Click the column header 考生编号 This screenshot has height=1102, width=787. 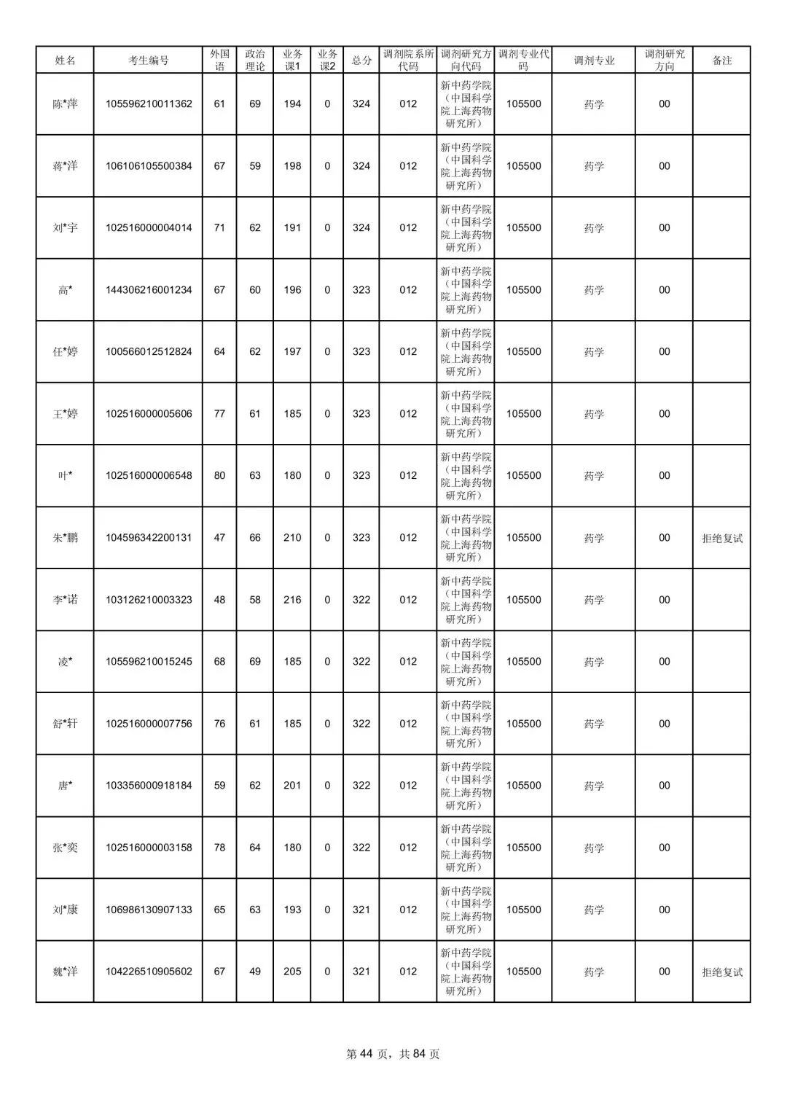[x=148, y=60]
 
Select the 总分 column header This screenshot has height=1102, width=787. [x=361, y=60]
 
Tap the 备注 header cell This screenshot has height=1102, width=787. [x=721, y=60]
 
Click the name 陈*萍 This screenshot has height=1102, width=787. [x=65, y=104]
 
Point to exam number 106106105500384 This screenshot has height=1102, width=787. [x=149, y=166]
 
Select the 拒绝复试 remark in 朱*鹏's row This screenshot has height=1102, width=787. [x=721, y=538]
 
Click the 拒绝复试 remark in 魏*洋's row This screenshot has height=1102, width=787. [x=721, y=972]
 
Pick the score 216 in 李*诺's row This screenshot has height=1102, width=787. [x=292, y=600]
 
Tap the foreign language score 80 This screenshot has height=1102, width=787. [x=219, y=476]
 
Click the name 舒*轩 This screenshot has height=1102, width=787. [x=65, y=724]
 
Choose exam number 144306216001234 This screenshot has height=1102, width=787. [x=149, y=290]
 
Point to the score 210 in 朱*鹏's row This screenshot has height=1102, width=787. [x=292, y=538]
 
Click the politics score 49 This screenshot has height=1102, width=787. [x=255, y=972]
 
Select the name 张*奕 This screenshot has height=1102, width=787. [x=65, y=848]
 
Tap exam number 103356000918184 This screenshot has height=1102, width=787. [x=149, y=786]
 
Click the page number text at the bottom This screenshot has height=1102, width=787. [x=393, y=1054]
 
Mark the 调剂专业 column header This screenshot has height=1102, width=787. [x=594, y=60]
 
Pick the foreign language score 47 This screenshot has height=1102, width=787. [x=219, y=538]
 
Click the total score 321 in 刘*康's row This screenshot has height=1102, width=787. [x=361, y=910]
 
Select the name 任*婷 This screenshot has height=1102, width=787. [x=65, y=352]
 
